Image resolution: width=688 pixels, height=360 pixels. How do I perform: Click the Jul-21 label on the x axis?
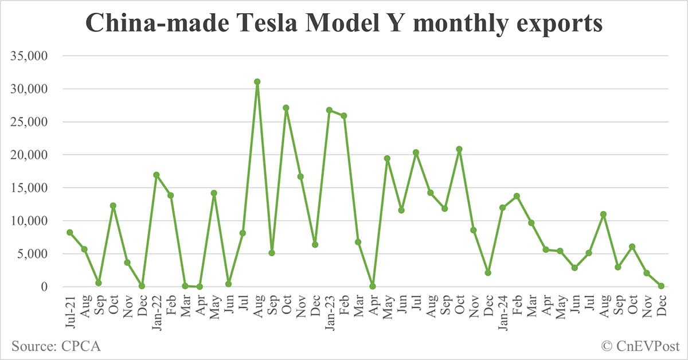coord(69,310)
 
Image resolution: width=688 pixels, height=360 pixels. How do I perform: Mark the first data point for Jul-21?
coord(69,232)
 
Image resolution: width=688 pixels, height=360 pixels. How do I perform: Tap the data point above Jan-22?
coord(156,175)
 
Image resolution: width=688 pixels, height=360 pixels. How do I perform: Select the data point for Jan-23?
coord(329,109)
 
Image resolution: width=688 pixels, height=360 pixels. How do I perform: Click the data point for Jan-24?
coord(502,208)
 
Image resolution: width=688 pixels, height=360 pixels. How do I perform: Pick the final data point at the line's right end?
coord(661,285)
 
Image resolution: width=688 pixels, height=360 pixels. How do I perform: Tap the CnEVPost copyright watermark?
coord(640,346)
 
